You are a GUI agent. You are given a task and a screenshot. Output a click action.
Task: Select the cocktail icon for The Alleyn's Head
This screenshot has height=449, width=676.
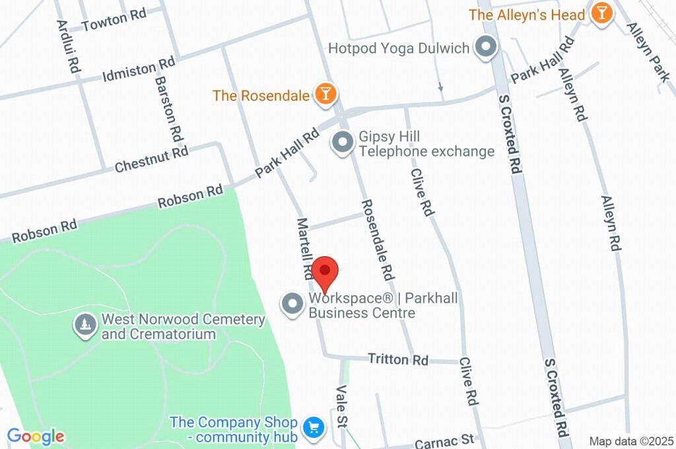coord(601,14)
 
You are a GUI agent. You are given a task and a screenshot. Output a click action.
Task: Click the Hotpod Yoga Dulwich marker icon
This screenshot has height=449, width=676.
coord(487,48)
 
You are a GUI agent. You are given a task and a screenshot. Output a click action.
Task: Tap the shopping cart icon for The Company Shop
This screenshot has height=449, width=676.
coord(313,429)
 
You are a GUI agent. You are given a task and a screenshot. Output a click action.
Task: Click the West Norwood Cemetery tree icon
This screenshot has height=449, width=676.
coord(84,326)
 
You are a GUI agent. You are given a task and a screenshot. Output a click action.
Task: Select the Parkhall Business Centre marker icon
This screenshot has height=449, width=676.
coord(292,304)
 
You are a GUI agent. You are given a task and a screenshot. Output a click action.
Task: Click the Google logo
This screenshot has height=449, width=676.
coord(36,436)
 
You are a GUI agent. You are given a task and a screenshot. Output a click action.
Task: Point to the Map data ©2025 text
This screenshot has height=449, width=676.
coord(630,441)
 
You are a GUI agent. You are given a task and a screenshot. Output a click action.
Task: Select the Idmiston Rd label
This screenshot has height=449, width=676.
coord(139,69)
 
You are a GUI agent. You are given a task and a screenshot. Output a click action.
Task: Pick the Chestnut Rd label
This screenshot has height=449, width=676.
coord(151,159)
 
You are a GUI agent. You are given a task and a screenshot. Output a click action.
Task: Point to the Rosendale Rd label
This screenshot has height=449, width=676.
coord(377,238)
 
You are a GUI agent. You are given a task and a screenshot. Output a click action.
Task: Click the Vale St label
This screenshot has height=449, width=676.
coord(343,405)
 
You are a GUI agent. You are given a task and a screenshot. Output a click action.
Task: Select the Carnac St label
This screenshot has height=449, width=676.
coord(445,440)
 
